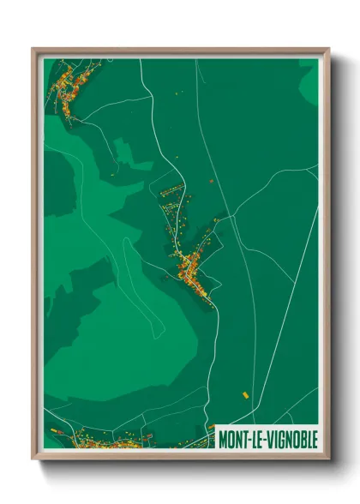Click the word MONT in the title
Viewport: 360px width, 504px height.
(233, 438)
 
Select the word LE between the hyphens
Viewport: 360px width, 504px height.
(256, 438)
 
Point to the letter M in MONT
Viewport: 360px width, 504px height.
(223, 438)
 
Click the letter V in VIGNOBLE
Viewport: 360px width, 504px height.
(267, 438)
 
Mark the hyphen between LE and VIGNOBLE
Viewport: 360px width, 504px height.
(263, 438)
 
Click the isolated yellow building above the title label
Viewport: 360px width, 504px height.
(244, 395)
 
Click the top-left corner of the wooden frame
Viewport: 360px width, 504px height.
(33, 49)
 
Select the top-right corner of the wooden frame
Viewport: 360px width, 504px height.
(328, 49)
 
